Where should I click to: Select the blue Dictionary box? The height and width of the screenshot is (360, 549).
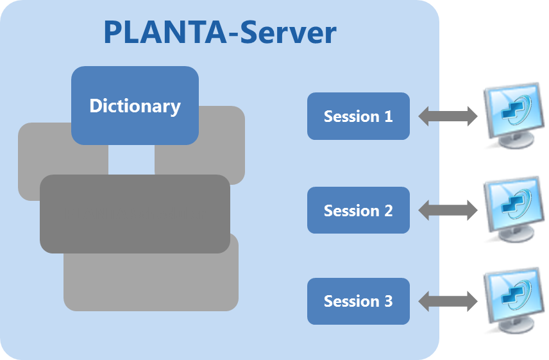click(x=135, y=105)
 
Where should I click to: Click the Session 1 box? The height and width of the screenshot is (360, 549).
click(x=358, y=116)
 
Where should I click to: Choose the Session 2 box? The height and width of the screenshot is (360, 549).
click(x=358, y=210)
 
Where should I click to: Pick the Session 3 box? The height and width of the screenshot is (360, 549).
click(x=358, y=301)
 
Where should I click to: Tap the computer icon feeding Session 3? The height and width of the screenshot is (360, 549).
click(x=512, y=298)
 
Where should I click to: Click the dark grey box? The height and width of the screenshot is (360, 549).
click(x=135, y=214)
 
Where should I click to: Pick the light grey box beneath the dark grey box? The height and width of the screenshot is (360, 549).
click(x=151, y=282)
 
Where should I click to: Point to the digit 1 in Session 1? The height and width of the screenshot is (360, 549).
click(x=387, y=117)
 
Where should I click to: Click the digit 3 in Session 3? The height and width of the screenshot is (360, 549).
click(x=387, y=301)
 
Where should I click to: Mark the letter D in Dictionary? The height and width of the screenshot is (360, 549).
click(x=96, y=105)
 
